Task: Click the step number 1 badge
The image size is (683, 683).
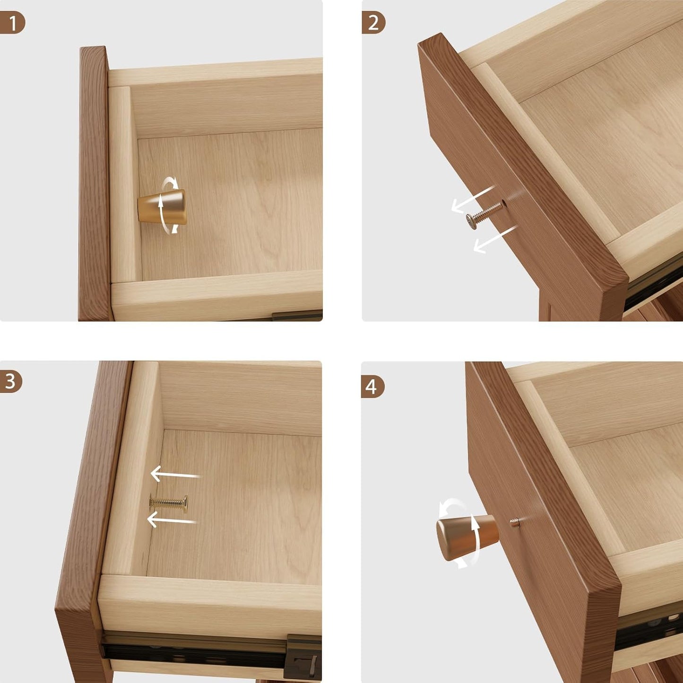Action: point(12,23)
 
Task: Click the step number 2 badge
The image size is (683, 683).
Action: point(373,23)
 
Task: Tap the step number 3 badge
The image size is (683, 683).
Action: point(11,381)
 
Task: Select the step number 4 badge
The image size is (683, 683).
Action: point(372,387)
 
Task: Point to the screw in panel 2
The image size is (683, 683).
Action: point(484,213)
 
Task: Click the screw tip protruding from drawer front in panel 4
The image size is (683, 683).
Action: point(514,522)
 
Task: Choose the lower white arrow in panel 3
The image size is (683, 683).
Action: point(171,520)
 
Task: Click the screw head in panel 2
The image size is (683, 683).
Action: point(472,220)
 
